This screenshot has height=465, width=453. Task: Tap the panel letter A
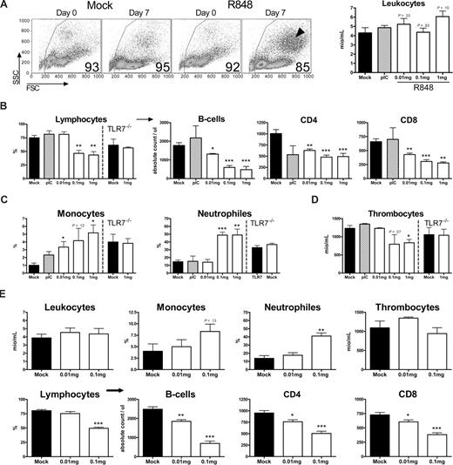(x=6, y=6)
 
